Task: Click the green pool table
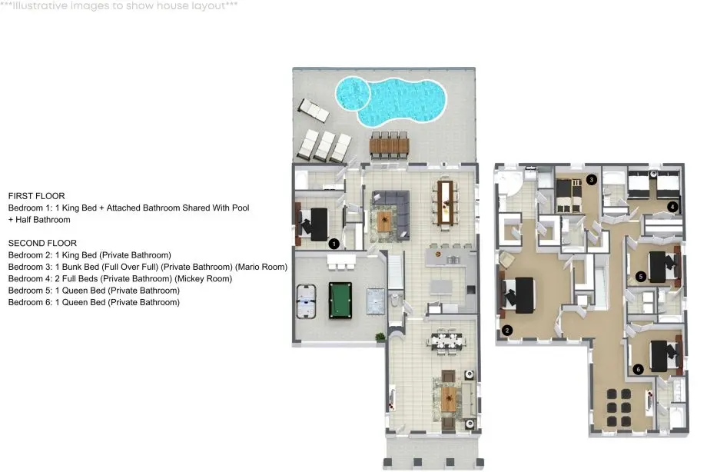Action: coord(340,300)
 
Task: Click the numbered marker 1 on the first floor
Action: coord(334,244)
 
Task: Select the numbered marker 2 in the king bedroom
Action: coord(506,331)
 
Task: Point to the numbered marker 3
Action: coord(592,180)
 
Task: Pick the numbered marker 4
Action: coord(672,207)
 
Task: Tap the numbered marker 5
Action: coord(641,276)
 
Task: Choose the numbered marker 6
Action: coord(638,369)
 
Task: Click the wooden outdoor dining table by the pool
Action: coord(389,145)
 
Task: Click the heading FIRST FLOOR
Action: coord(37,196)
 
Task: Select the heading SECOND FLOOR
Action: coord(42,243)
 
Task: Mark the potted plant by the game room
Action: coord(380,337)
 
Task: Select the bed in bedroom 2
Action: coord(518,295)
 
